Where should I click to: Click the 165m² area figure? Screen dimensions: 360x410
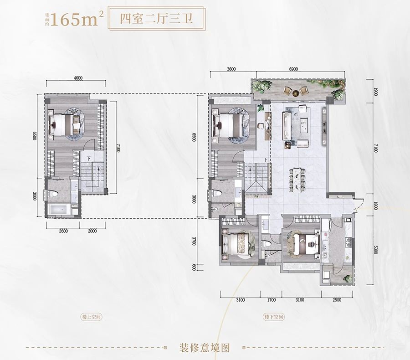77,20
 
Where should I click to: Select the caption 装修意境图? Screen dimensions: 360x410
205,348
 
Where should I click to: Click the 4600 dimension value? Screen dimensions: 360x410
77,78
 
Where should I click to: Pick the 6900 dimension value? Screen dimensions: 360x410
293,69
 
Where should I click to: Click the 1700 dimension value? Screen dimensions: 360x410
271,300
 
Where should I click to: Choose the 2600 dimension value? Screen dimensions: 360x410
63,231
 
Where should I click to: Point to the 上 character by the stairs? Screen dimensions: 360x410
266,159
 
